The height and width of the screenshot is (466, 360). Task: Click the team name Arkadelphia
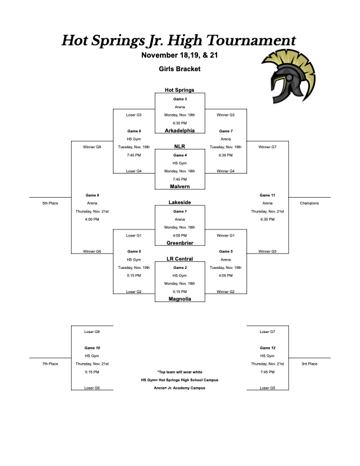[x=179, y=130]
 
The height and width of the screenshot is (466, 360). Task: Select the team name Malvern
[x=179, y=186]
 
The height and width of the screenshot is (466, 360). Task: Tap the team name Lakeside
[x=179, y=202]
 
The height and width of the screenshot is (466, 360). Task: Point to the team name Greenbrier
[x=179, y=242]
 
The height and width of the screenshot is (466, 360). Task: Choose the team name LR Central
[x=179, y=259]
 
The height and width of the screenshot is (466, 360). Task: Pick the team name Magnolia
[x=179, y=299]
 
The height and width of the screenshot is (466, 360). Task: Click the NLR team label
[x=179, y=147]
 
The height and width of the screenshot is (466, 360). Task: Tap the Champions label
[x=309, y=203]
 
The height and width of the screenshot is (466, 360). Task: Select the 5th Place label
[x=50, y=203]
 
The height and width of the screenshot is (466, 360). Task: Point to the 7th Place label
[x=50, y=364]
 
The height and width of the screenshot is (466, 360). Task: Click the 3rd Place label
[x=309, y=364]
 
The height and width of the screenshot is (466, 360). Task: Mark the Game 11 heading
[x=267, y=195]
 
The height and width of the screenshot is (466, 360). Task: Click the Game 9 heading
[x=92, y=195]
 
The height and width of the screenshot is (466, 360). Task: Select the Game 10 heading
[x=92, y=348]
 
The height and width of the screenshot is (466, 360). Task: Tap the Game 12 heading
[x=267, y=348]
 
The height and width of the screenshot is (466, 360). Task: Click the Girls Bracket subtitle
[x=179, y=69]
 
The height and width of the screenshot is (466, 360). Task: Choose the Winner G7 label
[x=267, y=147]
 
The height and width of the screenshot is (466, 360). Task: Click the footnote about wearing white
[x=179, y=372]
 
